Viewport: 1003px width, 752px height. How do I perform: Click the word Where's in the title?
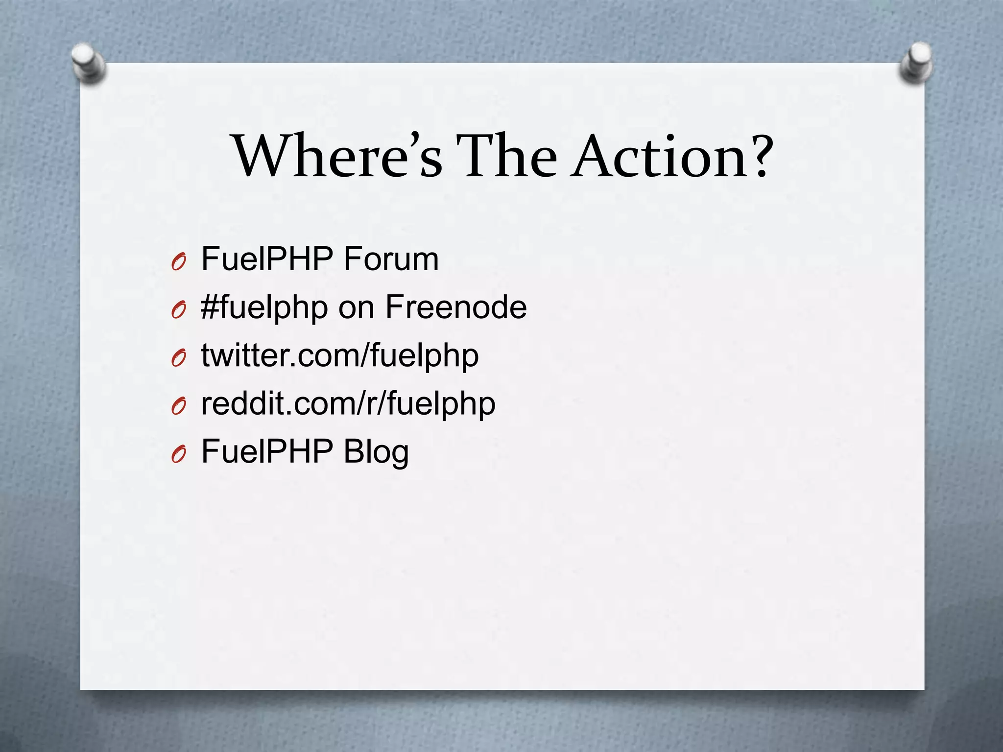coord(338,156)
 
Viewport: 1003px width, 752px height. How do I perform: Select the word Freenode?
coord(455,307)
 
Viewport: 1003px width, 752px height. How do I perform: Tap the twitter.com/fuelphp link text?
coord(340,356)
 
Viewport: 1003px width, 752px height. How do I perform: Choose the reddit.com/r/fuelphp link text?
coord(348,404)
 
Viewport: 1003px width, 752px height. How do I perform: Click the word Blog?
coord(376,452)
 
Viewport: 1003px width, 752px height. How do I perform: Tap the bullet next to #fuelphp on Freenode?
coord(178,310)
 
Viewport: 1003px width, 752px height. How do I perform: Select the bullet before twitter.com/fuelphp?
coord(178,359)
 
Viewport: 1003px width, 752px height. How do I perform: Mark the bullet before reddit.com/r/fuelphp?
coord(178,407)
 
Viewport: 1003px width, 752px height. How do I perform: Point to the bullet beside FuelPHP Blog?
coord(178,455)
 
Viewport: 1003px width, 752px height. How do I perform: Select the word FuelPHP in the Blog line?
coord(267,451)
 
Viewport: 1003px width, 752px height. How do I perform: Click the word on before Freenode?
coord(356,308)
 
